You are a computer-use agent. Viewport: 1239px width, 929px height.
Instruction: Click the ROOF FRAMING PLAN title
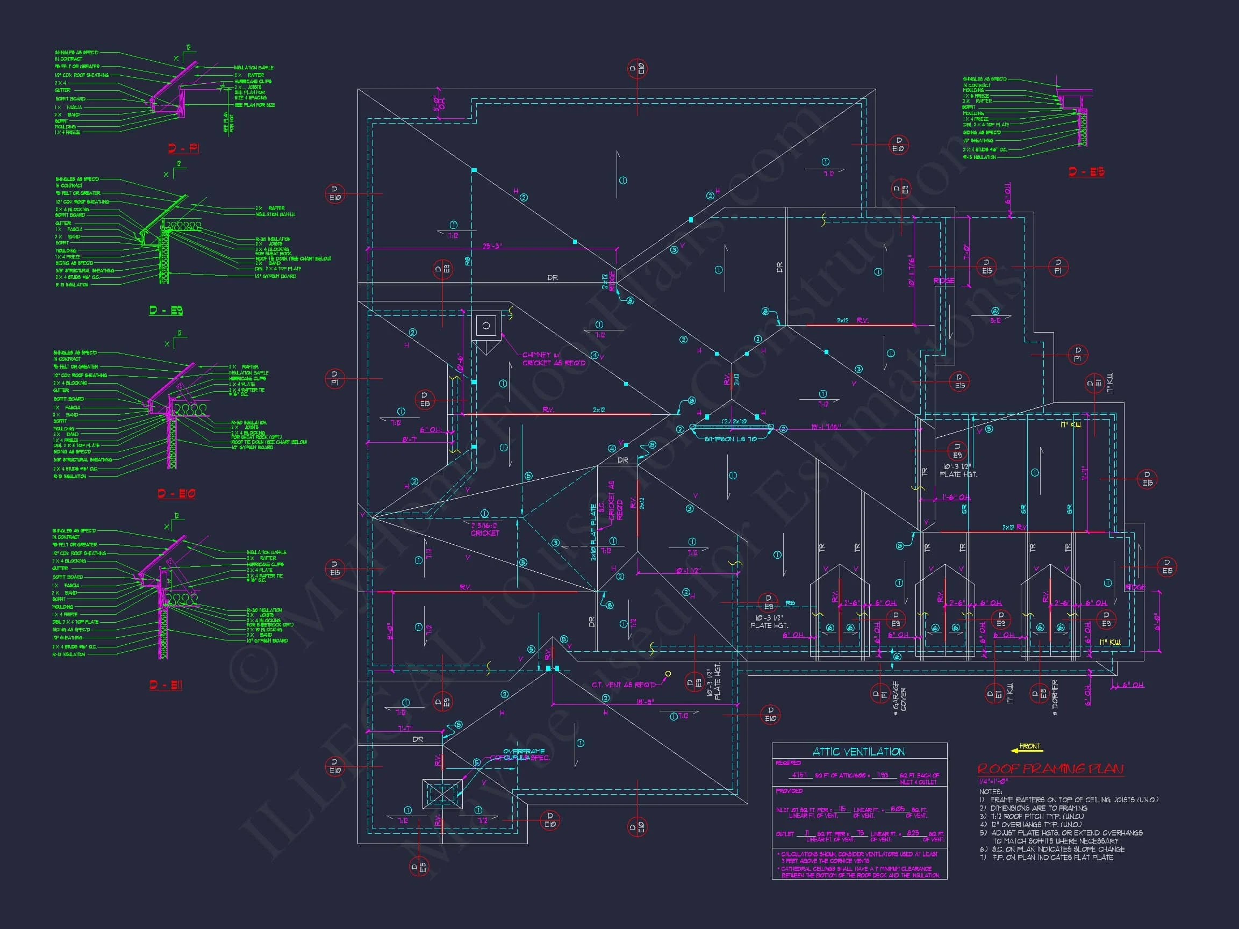[1050, 769]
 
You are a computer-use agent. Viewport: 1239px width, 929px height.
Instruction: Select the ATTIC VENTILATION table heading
[858, 752]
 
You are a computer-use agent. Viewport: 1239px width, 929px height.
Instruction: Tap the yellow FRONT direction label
[1029, 746]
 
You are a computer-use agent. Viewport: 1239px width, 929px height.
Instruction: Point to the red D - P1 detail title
[183, 148]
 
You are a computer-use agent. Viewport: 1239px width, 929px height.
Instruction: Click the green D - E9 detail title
[166, 310]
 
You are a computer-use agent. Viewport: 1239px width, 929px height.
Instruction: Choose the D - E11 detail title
[166, 685]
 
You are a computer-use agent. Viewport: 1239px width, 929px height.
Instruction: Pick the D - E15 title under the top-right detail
[1086, 172]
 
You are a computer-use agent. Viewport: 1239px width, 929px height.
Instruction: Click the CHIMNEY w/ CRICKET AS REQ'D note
[554, 359]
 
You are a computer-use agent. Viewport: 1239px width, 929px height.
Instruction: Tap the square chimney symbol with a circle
[485, 326]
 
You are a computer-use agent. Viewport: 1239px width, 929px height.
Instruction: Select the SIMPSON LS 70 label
[730, 439]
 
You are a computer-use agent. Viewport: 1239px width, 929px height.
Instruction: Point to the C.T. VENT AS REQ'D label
[624, 685]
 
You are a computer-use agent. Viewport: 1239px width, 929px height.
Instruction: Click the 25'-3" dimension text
[492, 246]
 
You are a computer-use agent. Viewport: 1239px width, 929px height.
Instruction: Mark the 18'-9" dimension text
[644, 702]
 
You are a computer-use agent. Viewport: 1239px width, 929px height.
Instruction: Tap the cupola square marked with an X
[442, 794]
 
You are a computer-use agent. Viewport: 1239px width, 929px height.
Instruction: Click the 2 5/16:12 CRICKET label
[484, 529]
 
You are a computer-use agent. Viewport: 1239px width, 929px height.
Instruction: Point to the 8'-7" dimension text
[410, 440]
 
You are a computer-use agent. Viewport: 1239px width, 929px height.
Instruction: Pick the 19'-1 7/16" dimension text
[826, 427]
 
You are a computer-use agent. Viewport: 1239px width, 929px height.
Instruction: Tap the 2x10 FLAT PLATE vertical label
[594, 532]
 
